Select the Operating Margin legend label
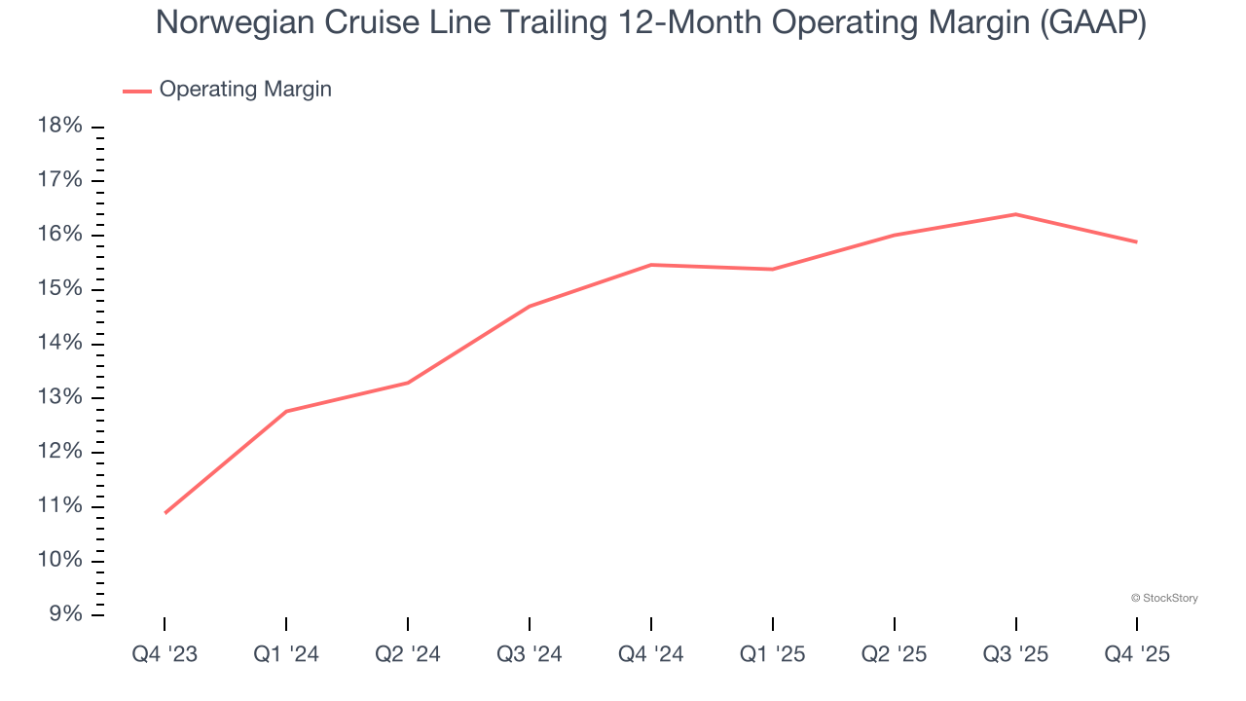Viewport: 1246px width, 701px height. [245, 90]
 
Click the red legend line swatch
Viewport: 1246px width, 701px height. [136, 91]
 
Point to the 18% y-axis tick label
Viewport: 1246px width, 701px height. [58, 127]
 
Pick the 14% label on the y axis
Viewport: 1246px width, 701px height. [58, 344]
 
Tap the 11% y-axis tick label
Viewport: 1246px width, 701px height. [58, 506]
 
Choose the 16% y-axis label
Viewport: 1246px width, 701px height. [58, 235]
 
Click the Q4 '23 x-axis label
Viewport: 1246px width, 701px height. [165, 655]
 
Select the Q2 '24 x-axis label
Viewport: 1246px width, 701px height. [408, 655]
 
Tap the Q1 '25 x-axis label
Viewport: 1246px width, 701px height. [772, 655]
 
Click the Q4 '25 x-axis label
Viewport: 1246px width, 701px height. [1137, 655]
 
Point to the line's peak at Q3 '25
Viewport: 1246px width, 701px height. [1015, 214]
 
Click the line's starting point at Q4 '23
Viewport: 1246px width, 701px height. [165, 512]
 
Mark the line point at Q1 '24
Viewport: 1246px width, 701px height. [286, 411]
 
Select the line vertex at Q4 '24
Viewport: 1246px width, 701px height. [650, 265]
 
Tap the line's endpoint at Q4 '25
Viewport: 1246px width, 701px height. [1136, 241]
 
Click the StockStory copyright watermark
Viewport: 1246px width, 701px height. [1164, 598]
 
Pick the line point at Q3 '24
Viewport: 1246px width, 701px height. [530, 306]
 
